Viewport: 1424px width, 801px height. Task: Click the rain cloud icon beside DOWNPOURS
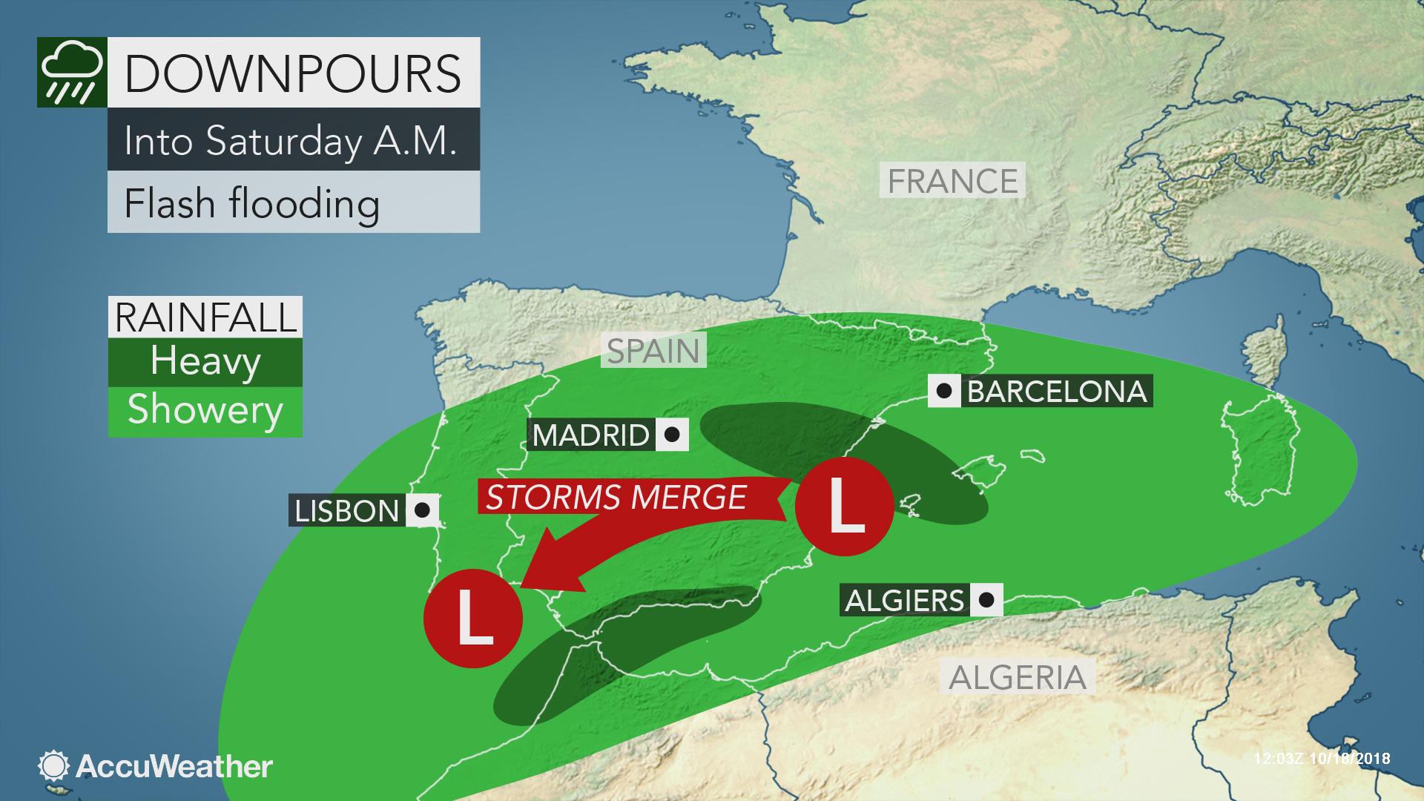[72, 72]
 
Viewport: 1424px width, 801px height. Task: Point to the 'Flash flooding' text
[252, 203]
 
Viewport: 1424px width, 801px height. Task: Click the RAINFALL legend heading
[205, 317]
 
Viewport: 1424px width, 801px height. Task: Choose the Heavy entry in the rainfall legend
[205, 361]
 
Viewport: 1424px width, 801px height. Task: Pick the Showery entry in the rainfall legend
[205, 410]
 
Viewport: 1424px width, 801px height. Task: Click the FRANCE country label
[952, 182]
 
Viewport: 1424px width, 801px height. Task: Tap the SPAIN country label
[653, 351]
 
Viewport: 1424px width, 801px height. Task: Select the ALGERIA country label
[1017, 677]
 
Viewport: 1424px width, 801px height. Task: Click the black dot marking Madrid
[672, 435]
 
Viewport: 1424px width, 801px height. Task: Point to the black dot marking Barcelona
[945, 391]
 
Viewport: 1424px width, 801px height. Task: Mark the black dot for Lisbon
[423, 510]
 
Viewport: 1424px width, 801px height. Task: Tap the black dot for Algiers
[986, 599]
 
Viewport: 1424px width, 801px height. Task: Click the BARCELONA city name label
[1057, 391]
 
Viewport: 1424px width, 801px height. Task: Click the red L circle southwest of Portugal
[473, 619]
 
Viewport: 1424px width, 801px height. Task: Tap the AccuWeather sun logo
[54, 766]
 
